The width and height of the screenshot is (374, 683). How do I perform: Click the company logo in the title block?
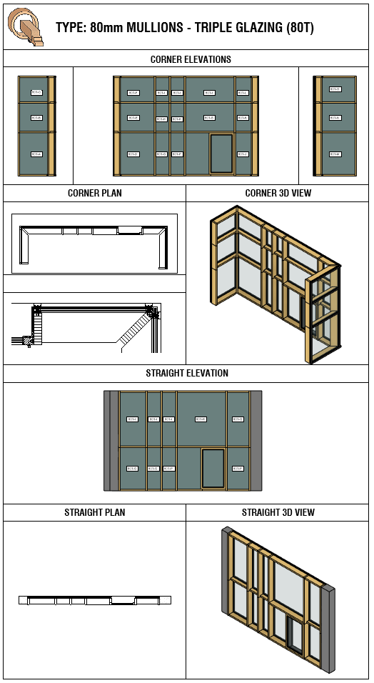coord(26,26)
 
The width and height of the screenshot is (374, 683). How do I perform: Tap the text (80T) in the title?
coord(299,29)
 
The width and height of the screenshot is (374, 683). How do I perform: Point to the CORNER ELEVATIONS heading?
coord(191,59)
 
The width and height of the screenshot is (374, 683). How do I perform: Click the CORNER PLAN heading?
coord(94,193)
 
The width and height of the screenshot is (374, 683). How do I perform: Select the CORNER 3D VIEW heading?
coord(278,193)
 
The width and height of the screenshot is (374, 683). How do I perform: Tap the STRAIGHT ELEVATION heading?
coord(187,373)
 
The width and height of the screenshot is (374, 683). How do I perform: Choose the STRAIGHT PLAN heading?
coord(94,512)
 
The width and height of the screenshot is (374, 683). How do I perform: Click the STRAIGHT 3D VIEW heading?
coord(278,512)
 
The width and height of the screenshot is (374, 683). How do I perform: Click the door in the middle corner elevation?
coord(221,153)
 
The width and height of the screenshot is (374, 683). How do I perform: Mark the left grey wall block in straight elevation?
coord(111,440)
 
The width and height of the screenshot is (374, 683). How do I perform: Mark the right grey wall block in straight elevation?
coord(256,440)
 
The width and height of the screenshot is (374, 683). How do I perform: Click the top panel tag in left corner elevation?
coord(36,92)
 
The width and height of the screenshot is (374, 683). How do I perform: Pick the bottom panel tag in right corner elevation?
coord(335,154)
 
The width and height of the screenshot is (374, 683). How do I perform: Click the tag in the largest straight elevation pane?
coord(201,419)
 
